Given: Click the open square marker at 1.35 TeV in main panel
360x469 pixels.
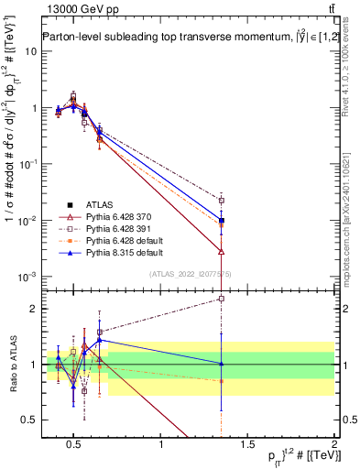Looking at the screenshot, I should (x=221, y=200).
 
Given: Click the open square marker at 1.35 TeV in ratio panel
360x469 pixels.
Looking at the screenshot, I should (x=221, y=299).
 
